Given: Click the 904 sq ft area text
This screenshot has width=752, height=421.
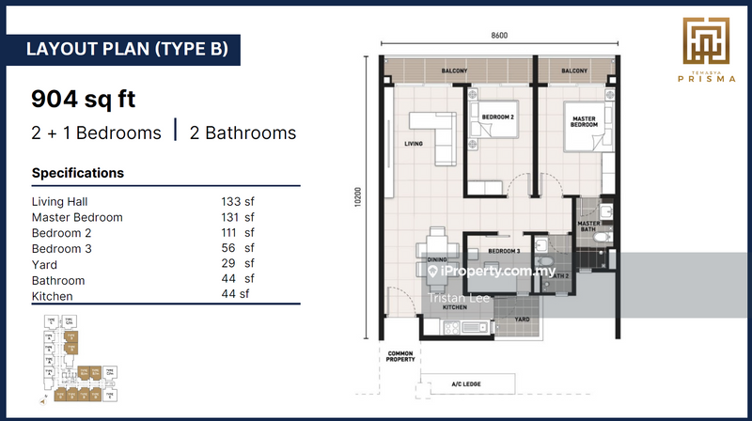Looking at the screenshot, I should (x=82, y=98).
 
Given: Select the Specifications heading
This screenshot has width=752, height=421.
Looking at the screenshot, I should (x=78, y=173).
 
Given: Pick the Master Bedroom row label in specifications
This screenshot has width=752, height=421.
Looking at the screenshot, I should (x=77, y=217).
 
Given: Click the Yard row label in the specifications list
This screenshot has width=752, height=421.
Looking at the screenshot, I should (x=44, y=265).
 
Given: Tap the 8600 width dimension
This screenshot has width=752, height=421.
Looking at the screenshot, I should (x=500, y=36).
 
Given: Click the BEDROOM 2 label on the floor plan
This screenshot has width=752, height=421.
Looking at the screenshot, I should (x=497, y=117).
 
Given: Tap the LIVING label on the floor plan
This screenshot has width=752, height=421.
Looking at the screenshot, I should (x=414, y=144).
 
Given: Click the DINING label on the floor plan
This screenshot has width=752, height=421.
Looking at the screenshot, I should (x=436, y=258).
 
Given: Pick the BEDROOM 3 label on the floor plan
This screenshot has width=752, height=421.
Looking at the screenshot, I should (x=505, y=251).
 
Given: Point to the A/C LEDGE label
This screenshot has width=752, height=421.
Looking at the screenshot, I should (x=469, y=384).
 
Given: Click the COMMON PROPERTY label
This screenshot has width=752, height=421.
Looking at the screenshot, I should (x=400, y=357).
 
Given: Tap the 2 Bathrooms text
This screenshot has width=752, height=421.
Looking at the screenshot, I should (x=243, y=133).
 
